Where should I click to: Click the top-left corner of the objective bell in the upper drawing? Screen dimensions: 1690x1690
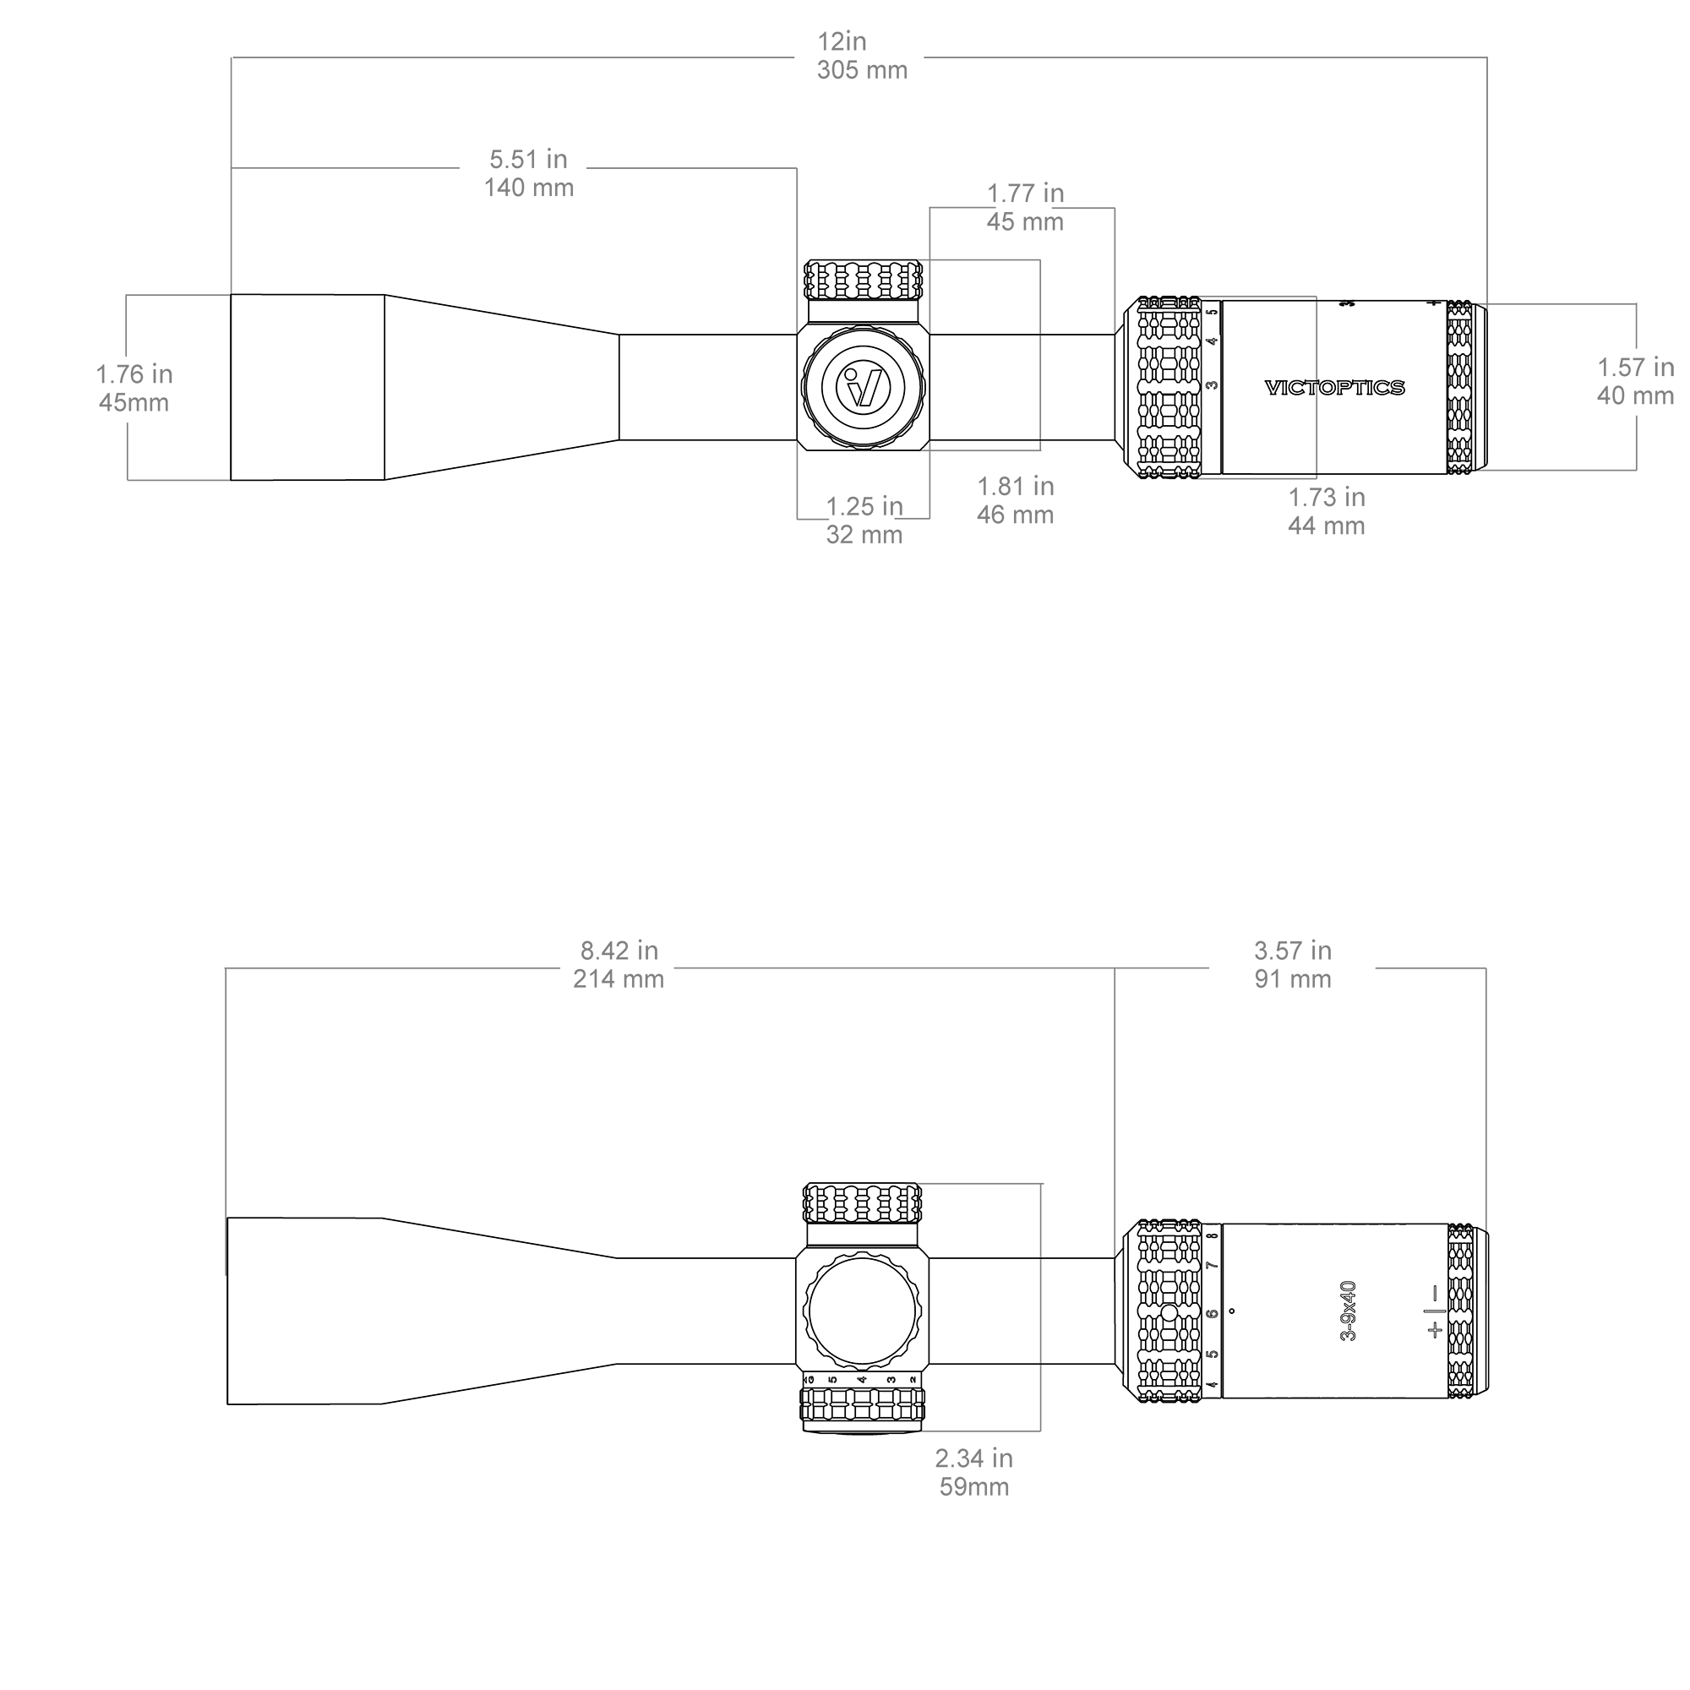pyautogui.click(x=231, y=295)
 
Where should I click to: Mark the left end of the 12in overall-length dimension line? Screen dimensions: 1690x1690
pyautogui.click(x=232, y=57)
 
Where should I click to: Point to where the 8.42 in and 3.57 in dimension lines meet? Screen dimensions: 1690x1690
pyautogui.click(x=1115, y=968)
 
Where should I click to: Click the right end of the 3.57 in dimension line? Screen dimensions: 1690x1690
pyautogui.click(x=1486, y=968)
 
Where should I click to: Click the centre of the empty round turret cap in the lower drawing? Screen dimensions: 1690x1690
pyautogui.click(x=863, y=1311)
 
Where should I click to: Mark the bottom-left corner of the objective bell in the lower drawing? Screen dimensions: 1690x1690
pyautogui.click(x=227, y=1404)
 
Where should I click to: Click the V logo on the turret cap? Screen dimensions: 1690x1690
pyautogui.click(x=864, y=387)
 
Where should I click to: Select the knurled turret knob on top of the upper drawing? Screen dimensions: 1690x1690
pyautogui.click(x=864, y=280)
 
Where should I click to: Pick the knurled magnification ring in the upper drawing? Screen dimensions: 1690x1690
pyautogui.click(x=1169, y=388)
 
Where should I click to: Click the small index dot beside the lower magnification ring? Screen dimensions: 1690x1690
pyautogui.click(x=1232, y=1311)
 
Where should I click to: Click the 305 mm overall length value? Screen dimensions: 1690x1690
pyautogui.click(x=863, y=70)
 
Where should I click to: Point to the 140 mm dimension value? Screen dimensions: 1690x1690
pyautogui.click(x=529, y=188)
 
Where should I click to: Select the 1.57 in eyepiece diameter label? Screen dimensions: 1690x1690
pyautogui.click(x=1636, y=368)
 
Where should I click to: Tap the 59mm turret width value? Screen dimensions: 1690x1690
pyautogui.click(x=974, y=1486)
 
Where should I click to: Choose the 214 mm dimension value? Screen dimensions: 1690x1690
pyautogui.click(x=619, y=979)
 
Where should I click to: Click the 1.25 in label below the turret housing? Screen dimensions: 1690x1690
pyautogui.click(x=864, y=506)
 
